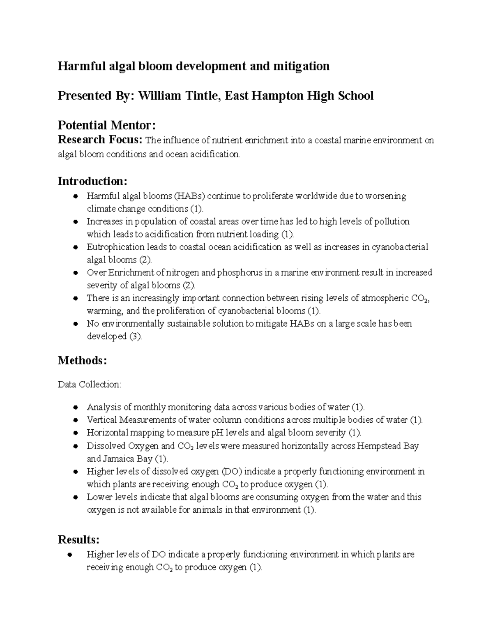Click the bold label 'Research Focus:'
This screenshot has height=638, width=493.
click(100, 140)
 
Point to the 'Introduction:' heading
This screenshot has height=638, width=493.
click(93, 181)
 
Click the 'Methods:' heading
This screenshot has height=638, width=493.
click(83, 361)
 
